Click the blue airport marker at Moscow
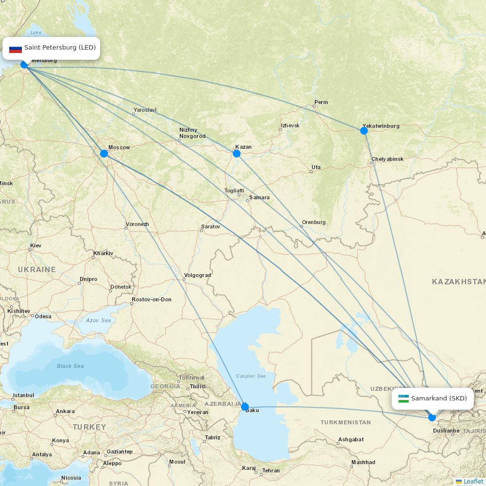click(104, 154)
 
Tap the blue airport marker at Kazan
click(237, 154)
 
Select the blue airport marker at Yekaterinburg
click(364, 130)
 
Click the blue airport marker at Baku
click(245, 407)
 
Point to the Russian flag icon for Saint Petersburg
click(16, 48)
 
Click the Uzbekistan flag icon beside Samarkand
click(403, 399)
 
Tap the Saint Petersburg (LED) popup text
click(60, 48)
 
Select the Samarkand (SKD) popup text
click(439, 399)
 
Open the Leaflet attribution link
click(473, 481)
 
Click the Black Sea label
click(70, 366)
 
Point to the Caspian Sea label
click(251, 376)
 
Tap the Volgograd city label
click(197, 275)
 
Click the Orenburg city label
click(313, 222)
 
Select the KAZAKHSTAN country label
click(458, 282)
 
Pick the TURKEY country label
click(89, 427)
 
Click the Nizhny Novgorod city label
click(192, 133)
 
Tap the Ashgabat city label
click(351, 439)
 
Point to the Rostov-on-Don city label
click(152, 299)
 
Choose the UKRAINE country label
click(37, 269)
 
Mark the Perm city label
click(321, 102)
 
